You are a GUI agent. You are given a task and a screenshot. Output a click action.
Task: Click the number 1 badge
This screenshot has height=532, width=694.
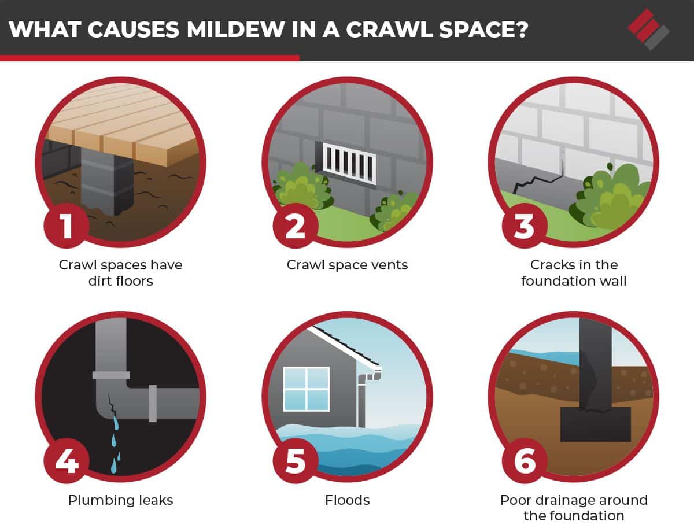pyautogui.click(x=67, y=226)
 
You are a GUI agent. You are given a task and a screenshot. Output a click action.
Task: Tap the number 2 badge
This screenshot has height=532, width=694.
pyautogui.click(x=295, y=226)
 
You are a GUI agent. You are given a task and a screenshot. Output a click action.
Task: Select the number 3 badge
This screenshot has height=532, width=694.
pyautogui.click(x=524, y=226)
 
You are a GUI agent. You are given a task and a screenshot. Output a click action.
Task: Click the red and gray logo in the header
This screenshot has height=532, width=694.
pyautogui.click(x=648, y=29)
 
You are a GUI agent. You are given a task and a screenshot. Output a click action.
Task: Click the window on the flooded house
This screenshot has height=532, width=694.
pyautogui.click(x=306, y=389)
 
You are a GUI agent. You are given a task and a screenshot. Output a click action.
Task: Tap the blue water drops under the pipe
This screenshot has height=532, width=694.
pyautogui.click(x=116, y=439)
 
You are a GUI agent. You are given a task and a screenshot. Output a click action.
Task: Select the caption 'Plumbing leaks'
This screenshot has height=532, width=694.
pyautogui.click(x=120, y=500)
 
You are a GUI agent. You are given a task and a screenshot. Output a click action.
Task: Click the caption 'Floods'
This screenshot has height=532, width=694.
pyautogui.click(x=347, y=500)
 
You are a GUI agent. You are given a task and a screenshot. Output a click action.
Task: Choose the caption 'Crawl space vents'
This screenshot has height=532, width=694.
pyautogui.click(x=347, y=265)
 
